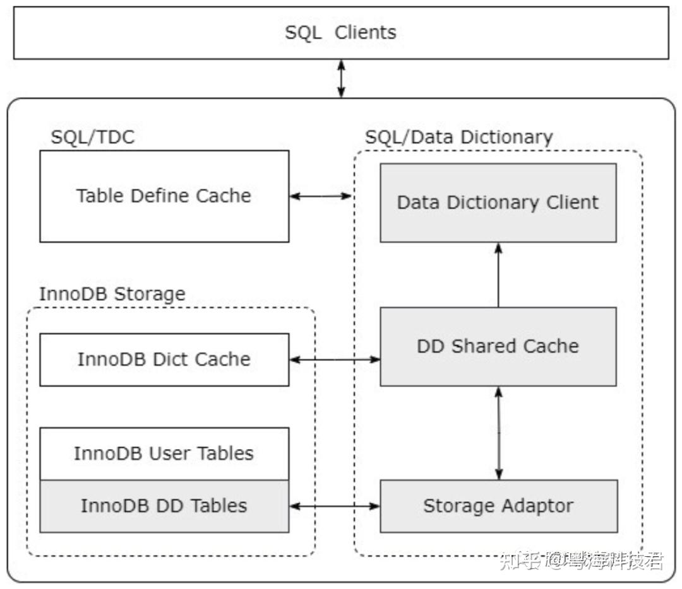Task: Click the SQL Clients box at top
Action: coord(341,33)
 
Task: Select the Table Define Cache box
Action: coord(164,196)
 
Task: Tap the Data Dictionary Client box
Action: coord(498,202)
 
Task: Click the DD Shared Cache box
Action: coord(498,346)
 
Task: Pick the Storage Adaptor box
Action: coord(498,506)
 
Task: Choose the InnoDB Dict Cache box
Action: coord(164,359)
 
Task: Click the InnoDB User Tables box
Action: coord(164,453)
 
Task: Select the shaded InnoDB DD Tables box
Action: coord(164,506)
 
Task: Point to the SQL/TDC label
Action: coord(93,137)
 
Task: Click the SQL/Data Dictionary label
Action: coord(459,137)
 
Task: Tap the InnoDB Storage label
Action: coord(112,294)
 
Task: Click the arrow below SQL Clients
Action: coord(341,79)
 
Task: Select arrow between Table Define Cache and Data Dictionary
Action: coord(321,196)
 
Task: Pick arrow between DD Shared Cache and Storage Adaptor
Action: coord(499,433)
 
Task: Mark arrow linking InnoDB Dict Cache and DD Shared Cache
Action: coord(335,359)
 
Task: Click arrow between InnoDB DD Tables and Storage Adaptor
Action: coord(335,506)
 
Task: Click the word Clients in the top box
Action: coord(366,33)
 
